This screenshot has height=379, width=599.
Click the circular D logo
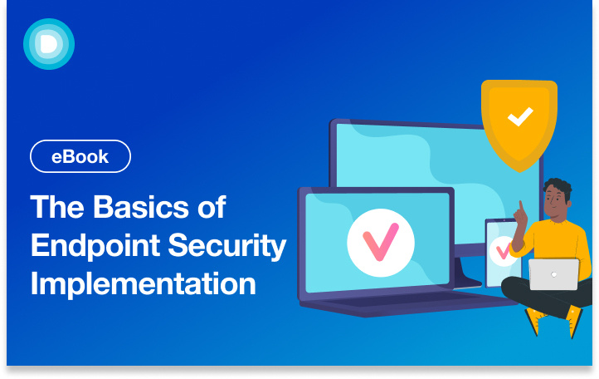click(49, 43)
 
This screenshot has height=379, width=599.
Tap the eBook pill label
click(80, 156)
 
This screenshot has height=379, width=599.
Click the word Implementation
click(143, 283)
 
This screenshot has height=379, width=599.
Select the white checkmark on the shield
click(520, 117)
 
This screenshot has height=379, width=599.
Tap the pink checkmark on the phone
click(502, 249)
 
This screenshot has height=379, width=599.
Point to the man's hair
click(558, 187)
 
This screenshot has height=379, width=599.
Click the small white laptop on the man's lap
click(553, 274)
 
